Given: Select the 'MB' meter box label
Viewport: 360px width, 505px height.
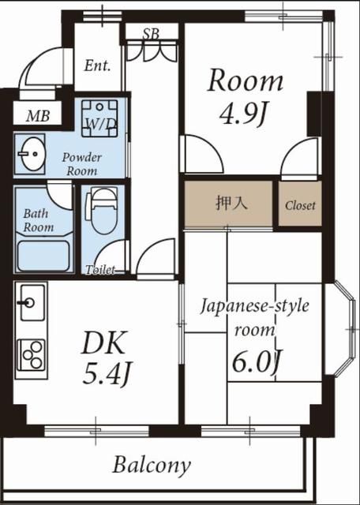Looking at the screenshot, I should (37, 116).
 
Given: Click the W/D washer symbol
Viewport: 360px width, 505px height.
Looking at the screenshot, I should (100, 122).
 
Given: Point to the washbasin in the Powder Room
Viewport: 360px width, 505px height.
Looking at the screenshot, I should (33, 151).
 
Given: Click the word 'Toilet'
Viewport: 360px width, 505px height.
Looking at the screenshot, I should (101, 270).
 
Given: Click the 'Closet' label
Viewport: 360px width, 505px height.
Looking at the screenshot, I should (300, 205).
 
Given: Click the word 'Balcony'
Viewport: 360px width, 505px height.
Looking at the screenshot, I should (152, 465).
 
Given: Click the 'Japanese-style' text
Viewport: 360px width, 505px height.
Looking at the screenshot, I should (254, 305).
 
